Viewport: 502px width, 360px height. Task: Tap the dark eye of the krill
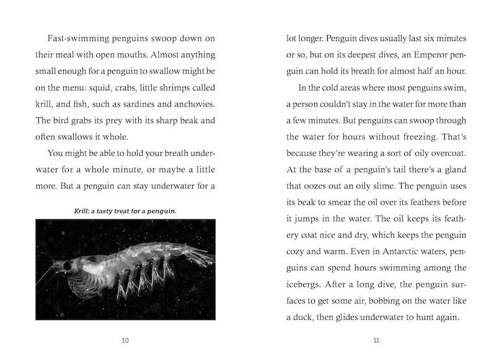(66, 266)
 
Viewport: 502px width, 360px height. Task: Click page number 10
(125, 340)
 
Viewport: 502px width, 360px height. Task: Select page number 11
(376, 340)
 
